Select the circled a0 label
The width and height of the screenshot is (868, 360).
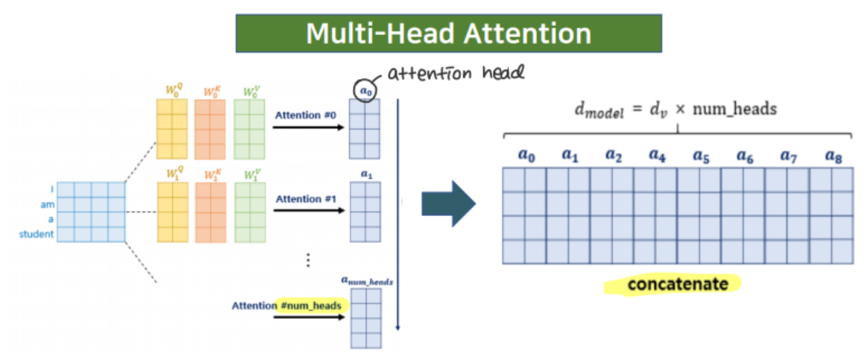(365, 88)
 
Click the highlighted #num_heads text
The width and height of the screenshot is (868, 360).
(312, 306)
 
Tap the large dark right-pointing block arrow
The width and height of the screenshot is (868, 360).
(448, 203)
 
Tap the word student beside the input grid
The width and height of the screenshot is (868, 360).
(37, 235)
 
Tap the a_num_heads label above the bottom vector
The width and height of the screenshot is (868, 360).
(367, 280)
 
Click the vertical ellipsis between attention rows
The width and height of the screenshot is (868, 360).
(308, 260)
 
